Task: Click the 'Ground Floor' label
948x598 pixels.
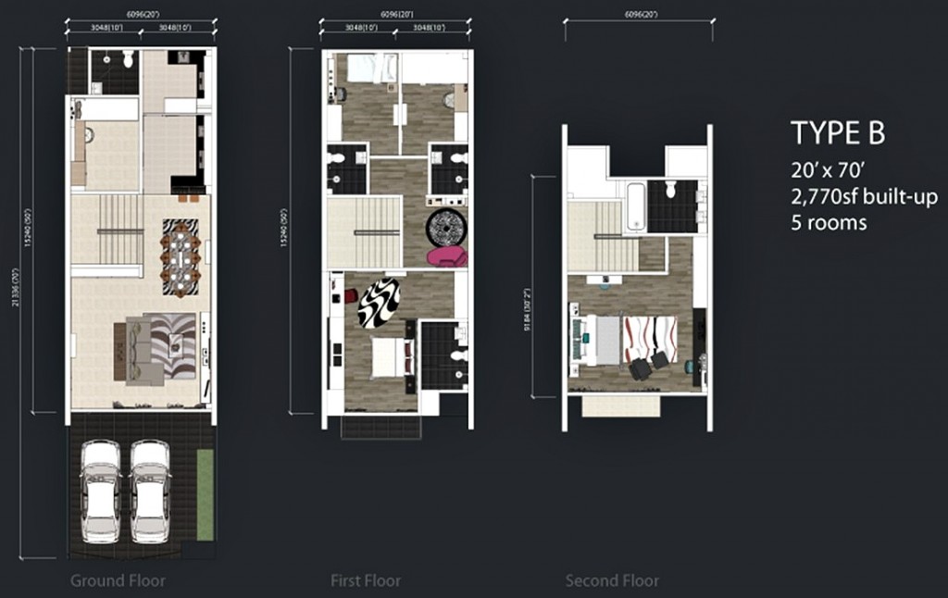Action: click(118, 581)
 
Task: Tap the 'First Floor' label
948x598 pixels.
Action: click(366, 581)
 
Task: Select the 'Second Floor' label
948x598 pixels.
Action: click(612, 581)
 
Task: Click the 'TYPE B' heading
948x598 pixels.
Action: click(837, 134)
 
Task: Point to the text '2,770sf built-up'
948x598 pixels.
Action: click(864, 196)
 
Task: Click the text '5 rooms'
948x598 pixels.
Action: click(829, 222)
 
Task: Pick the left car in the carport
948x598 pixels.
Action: click(101, 490)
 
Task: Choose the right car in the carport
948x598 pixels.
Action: click(150, 490)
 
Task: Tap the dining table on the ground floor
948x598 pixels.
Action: click(181, 258)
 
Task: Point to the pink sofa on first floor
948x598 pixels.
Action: click(445, 255)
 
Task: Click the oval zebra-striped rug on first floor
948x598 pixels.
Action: click(380, 303)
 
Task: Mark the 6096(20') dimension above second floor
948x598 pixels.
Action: click(639, 15)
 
